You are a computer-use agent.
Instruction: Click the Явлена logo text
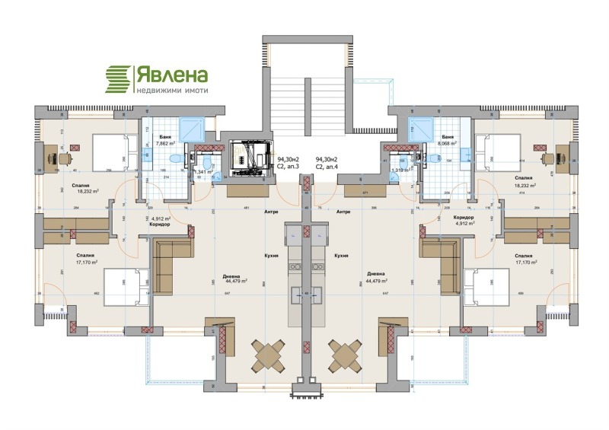(171, 75)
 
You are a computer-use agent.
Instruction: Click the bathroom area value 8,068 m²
(445, 142)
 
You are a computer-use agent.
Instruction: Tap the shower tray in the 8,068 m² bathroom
(419, 127)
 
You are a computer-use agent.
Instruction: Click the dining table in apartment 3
(269, 354)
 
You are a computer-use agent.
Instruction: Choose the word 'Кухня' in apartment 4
(340, 256)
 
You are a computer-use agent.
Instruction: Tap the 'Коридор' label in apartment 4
(465, 218)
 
